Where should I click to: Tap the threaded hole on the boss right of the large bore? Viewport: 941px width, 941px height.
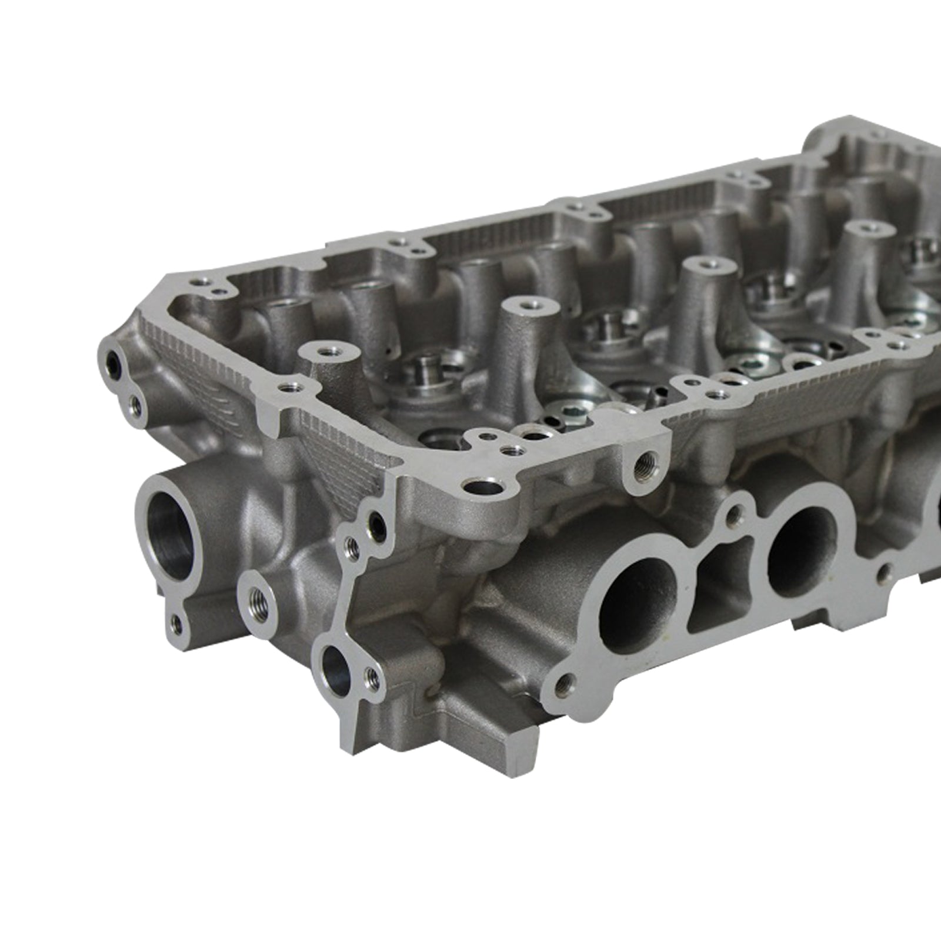(258, 600)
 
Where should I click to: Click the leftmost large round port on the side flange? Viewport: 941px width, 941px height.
(637, 606)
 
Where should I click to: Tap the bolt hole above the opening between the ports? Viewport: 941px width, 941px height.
(733, 516)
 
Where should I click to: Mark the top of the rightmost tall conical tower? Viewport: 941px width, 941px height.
(866, 227)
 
